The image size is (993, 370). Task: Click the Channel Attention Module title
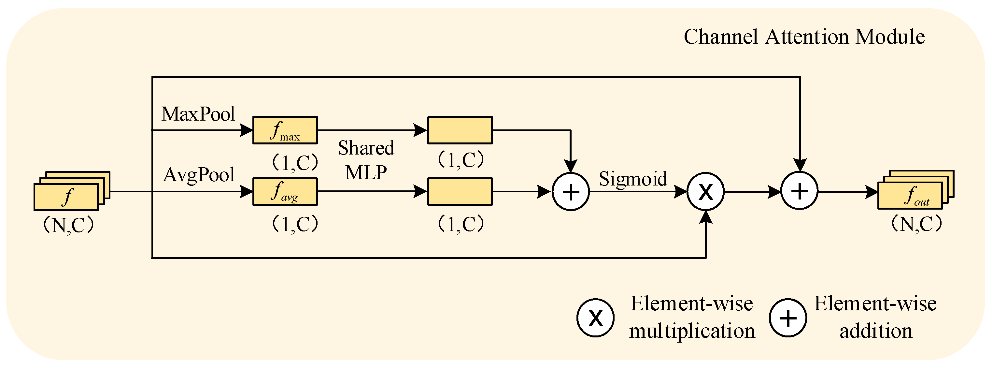[x=804, y=37]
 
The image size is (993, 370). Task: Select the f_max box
[x=285, y=130]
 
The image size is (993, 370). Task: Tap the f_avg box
[x=285, y=192]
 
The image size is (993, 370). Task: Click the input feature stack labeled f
[x=66, y=197]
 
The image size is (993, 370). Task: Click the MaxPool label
[x=198, y=114]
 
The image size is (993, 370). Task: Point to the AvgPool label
[x=199, y=175]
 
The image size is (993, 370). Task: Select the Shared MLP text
[x=366, y=160]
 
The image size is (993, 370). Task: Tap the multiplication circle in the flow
[x=705, y=192]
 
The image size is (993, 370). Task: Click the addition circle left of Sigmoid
[x=571, y=192]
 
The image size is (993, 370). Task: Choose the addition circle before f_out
[x=799, y=191]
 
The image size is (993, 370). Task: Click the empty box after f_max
[x=460, y=130]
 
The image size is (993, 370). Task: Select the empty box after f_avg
[x=460, y=192]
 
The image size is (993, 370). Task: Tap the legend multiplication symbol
[x=595, y=318]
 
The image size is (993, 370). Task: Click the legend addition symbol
[x=788, y=318]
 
